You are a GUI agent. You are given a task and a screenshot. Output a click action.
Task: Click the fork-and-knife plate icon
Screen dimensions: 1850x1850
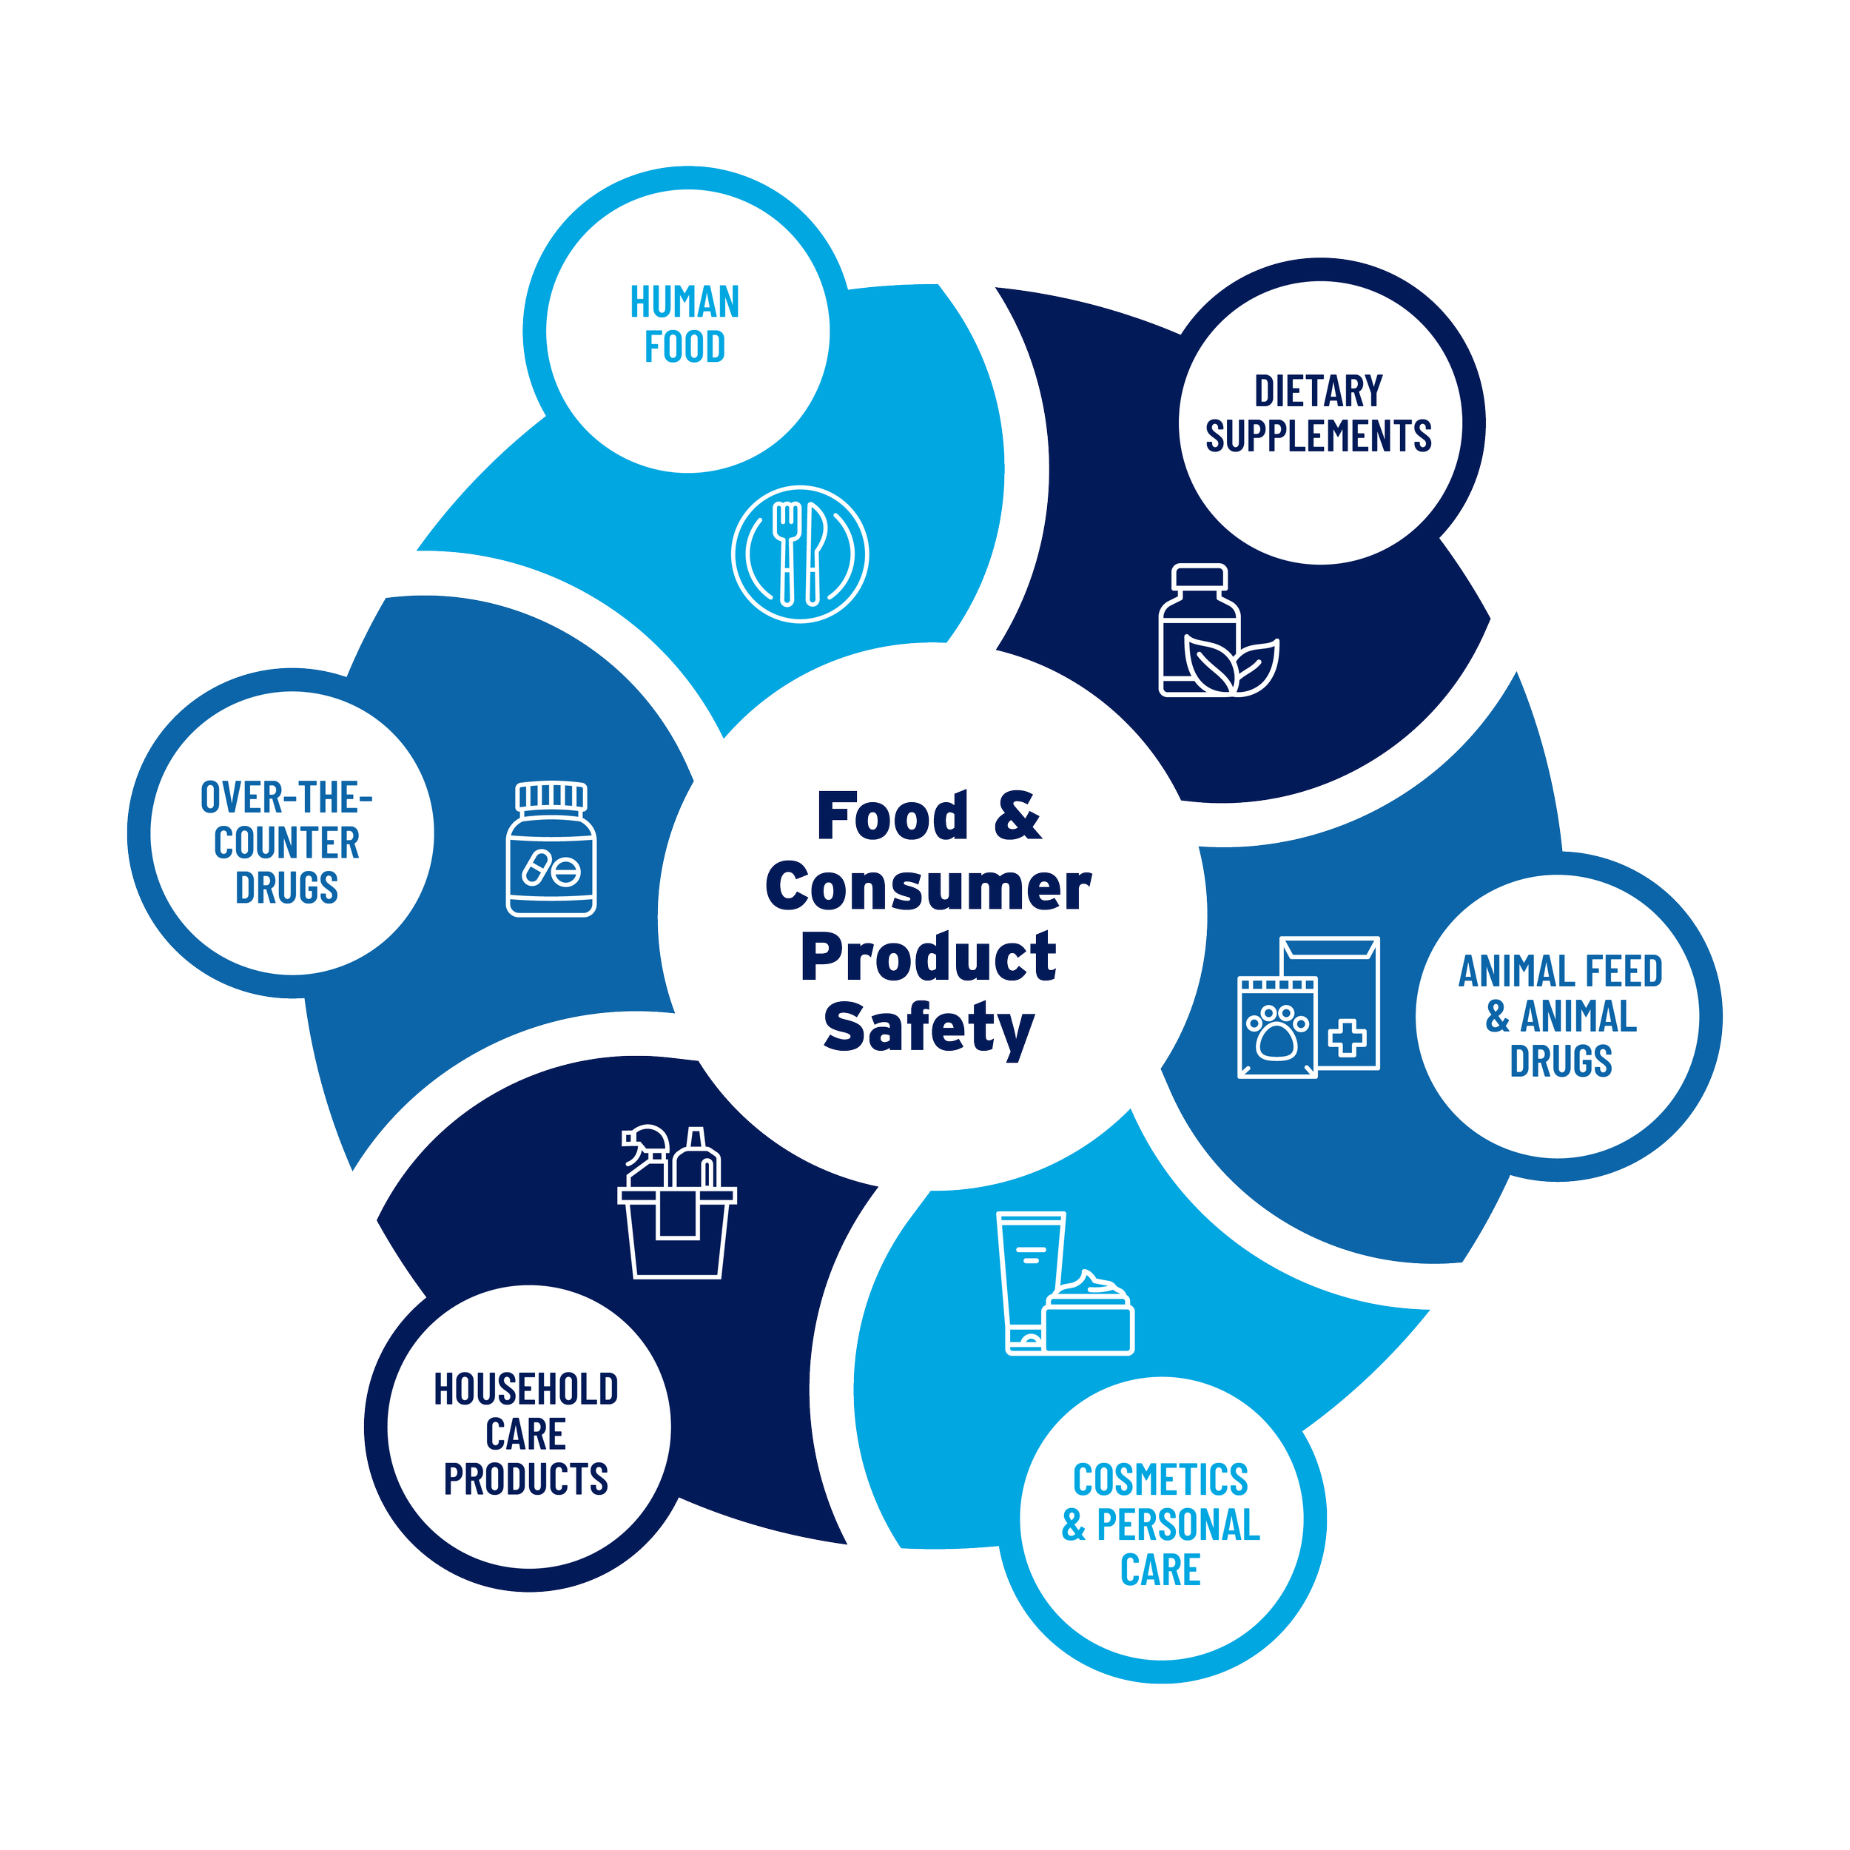(799, 554)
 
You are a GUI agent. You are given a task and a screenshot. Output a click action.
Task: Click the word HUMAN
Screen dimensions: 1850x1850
(684, 303)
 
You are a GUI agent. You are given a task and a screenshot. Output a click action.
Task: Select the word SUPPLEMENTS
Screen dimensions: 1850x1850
(1318, 437)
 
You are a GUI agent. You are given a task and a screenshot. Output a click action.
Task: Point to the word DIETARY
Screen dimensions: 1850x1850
(1318, 391)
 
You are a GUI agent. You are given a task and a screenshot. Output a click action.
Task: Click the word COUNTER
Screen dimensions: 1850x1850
(286, 844)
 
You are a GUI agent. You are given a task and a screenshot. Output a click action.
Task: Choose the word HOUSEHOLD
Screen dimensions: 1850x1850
(525, 1390)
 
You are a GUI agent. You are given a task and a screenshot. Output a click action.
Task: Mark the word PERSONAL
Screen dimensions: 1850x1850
(1178, 1524)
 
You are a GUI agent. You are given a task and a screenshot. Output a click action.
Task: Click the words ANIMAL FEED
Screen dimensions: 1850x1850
(1560, 972)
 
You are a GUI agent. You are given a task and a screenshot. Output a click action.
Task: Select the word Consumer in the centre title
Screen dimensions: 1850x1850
(927, 888)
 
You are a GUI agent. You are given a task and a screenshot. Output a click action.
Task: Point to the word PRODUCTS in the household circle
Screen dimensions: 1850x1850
(525, 1479)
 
